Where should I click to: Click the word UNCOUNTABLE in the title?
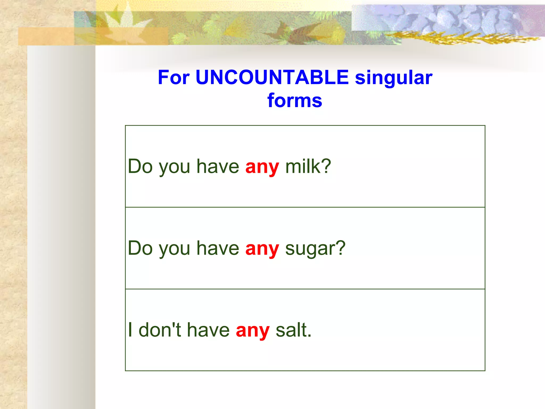coord(272,77)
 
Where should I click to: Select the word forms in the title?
coord(295,101)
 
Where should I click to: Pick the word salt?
coord(292,330)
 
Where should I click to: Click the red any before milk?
coord(262,167)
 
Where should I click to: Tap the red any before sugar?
coord(262,249)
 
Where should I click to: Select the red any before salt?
coord(253,331)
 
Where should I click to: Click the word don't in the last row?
coord(160,330)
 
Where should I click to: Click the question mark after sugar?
coord(340,248)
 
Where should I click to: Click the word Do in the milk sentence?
coord(140,166)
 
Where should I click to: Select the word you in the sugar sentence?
coord(174,249)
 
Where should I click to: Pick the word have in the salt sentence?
coord(208,330)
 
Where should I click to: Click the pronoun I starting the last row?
coord(130,330)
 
